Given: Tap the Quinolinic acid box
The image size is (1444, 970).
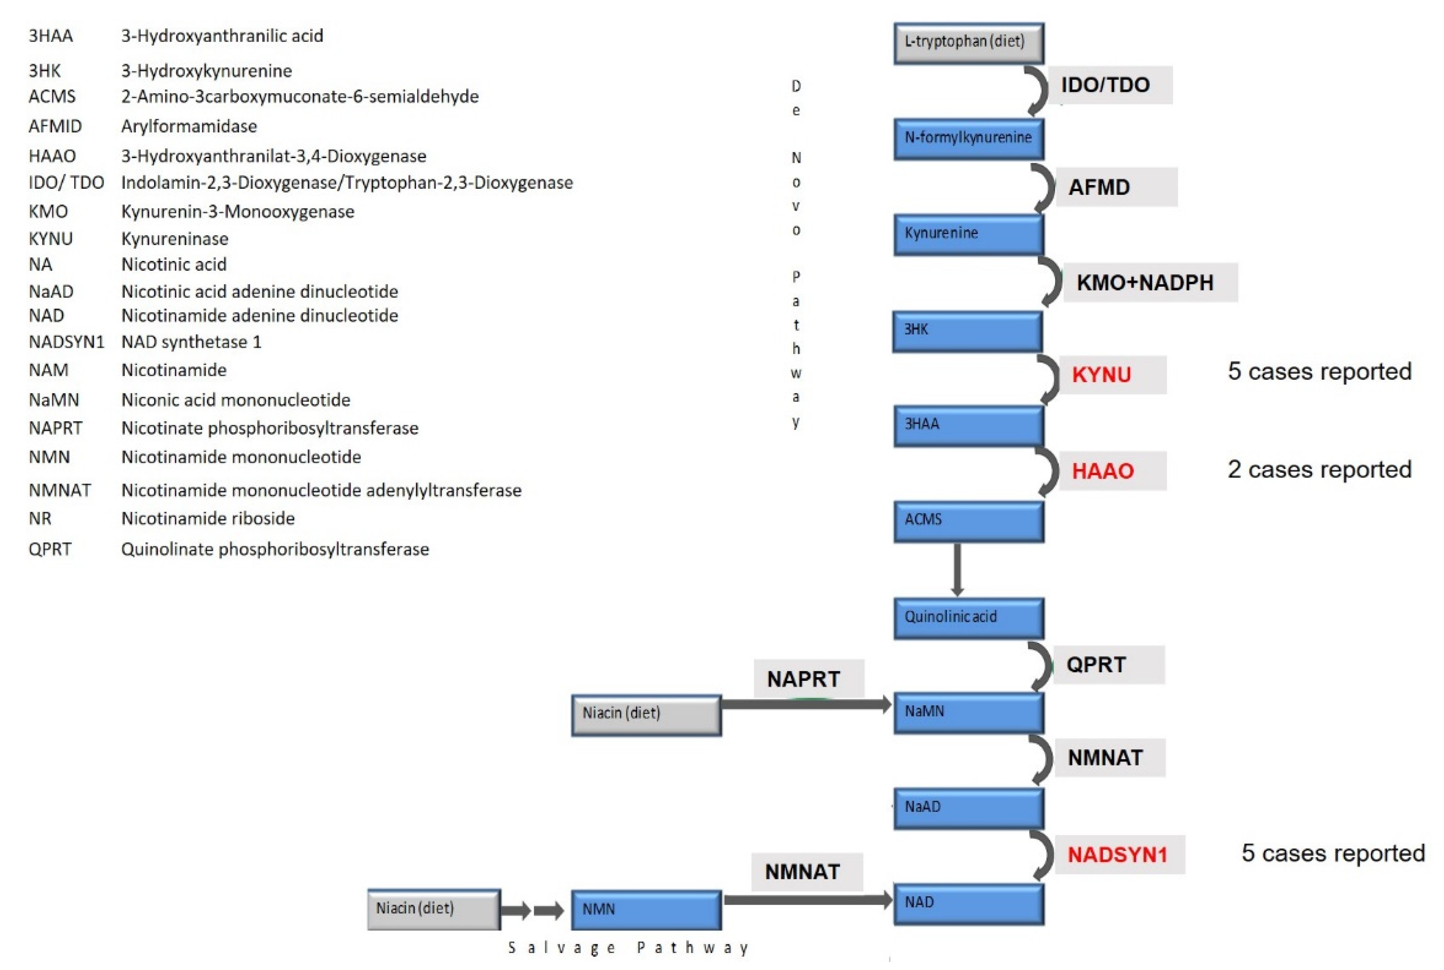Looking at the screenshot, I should pyautogui.click(x=968, y=617).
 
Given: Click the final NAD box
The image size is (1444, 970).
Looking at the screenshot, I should pyautogui.click(x=968, y=903).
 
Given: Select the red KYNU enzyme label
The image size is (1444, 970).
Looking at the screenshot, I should pyautogui.click(x=1101, y=374).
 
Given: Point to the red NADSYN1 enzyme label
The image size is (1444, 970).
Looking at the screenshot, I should pyautogui.click(x=1117, y=854).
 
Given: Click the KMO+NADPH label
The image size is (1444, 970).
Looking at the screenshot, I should pyautogui.click(x=1145, y=283).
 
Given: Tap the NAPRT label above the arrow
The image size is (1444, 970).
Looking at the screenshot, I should pyautogui.click(x=803, y=679).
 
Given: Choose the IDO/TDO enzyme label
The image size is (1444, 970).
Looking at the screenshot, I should pyautogui.click(x=1105, y=85).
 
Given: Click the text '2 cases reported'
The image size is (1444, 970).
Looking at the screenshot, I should pyautogui.click(x=1319, y=469).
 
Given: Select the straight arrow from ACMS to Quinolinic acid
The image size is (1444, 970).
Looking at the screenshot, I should pyautogui.click(x=957, y=569).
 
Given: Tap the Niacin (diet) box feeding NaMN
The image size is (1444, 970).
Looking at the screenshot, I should pyautogui.click(x=646, y=715).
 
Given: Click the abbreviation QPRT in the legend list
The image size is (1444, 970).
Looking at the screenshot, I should pyautogui.click(x=50, y=549).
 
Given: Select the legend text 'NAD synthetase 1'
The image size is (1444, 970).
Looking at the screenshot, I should pyautogui.click(x=191, y=342).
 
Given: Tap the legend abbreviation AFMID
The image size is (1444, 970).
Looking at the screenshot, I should pyautogui.click(x=55, y=126).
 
